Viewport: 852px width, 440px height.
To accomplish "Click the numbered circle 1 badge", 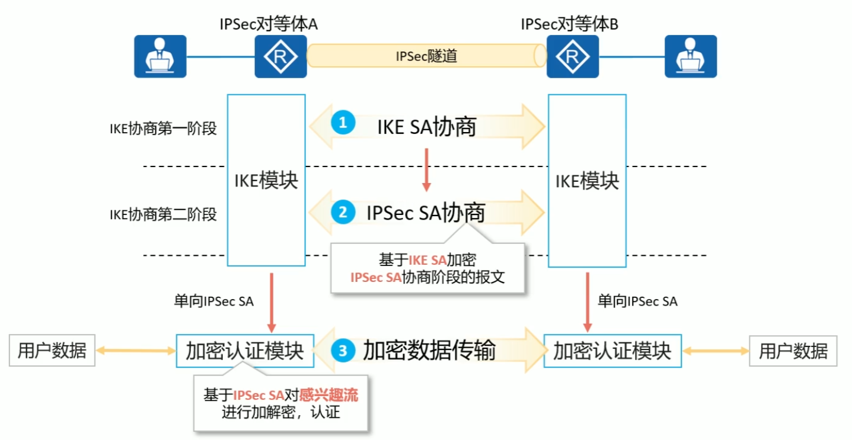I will click(343, 123).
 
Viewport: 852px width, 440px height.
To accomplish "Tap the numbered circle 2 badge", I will click(343, 211).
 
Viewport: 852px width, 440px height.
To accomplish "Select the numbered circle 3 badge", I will click(343, 351).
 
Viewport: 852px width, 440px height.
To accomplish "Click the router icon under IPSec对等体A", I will click(280, 56).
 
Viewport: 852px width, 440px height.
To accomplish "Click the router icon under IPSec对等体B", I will click(572, 56).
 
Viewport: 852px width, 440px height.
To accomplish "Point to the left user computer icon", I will click(159, 56).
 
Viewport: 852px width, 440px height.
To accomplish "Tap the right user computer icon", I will click(690, 56).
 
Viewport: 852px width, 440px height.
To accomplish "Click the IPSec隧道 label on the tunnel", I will click(426, 56).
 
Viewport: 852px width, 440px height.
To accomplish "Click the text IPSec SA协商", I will click(426, 213).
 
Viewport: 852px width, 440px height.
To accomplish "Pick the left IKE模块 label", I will click(266, 181).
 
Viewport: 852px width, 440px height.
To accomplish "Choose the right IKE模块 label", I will click(586, 181).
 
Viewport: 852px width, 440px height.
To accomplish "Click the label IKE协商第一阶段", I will click(163, 129).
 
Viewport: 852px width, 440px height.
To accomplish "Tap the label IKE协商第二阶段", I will click(163, 214).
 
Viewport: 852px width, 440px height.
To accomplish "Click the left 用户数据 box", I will click(52, 351).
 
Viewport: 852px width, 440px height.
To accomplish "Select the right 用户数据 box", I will click(793, 351).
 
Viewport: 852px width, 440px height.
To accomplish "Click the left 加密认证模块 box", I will click(244, 351).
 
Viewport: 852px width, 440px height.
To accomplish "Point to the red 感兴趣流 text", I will click(329, 395).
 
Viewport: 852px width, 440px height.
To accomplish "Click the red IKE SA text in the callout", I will click(427, 261).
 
